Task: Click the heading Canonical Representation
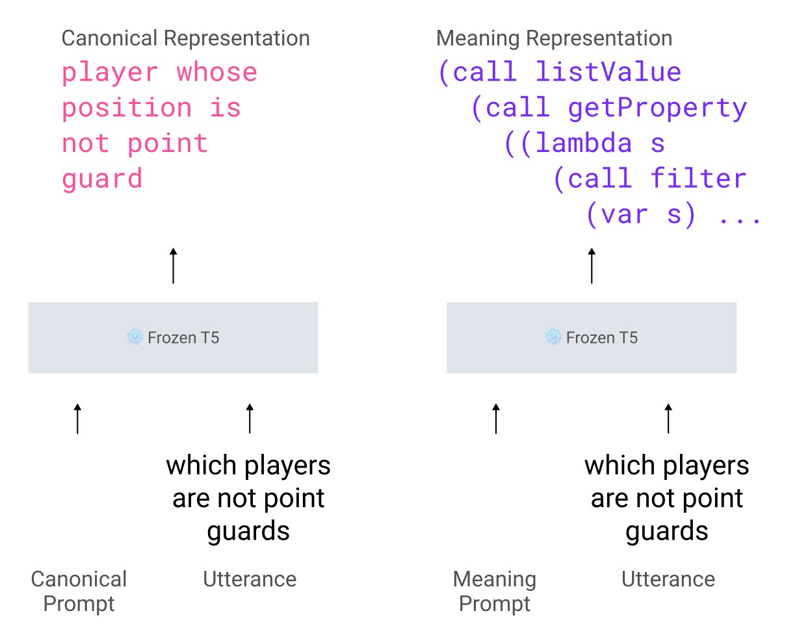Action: tap(185, 38)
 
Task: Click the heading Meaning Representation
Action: tap(554, 38)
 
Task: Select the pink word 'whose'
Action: tap(217, 72)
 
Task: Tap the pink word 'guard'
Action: tap(102, 179)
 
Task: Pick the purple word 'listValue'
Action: tap(608, 72)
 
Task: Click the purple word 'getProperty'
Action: tap(657, 108)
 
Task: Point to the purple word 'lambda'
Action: tap(584, 143)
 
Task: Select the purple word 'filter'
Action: tap(698, 179)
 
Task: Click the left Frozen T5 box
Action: tap(173, 338)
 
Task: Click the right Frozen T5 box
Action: tap(592, 338)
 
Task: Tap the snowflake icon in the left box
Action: tap(135, 336)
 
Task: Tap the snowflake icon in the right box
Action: tap(554, 336)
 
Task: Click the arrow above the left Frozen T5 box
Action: tap(173, 266)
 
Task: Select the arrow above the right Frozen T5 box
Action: tap(592, 266)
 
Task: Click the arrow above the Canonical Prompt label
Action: tap(78, 418)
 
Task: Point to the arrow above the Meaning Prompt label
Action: tap(496, 418)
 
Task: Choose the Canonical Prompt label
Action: tap(79, 591)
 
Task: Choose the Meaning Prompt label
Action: tap(495, 591)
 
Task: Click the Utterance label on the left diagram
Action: tap(250, 579)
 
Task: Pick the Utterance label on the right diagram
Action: tap(668, 579)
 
